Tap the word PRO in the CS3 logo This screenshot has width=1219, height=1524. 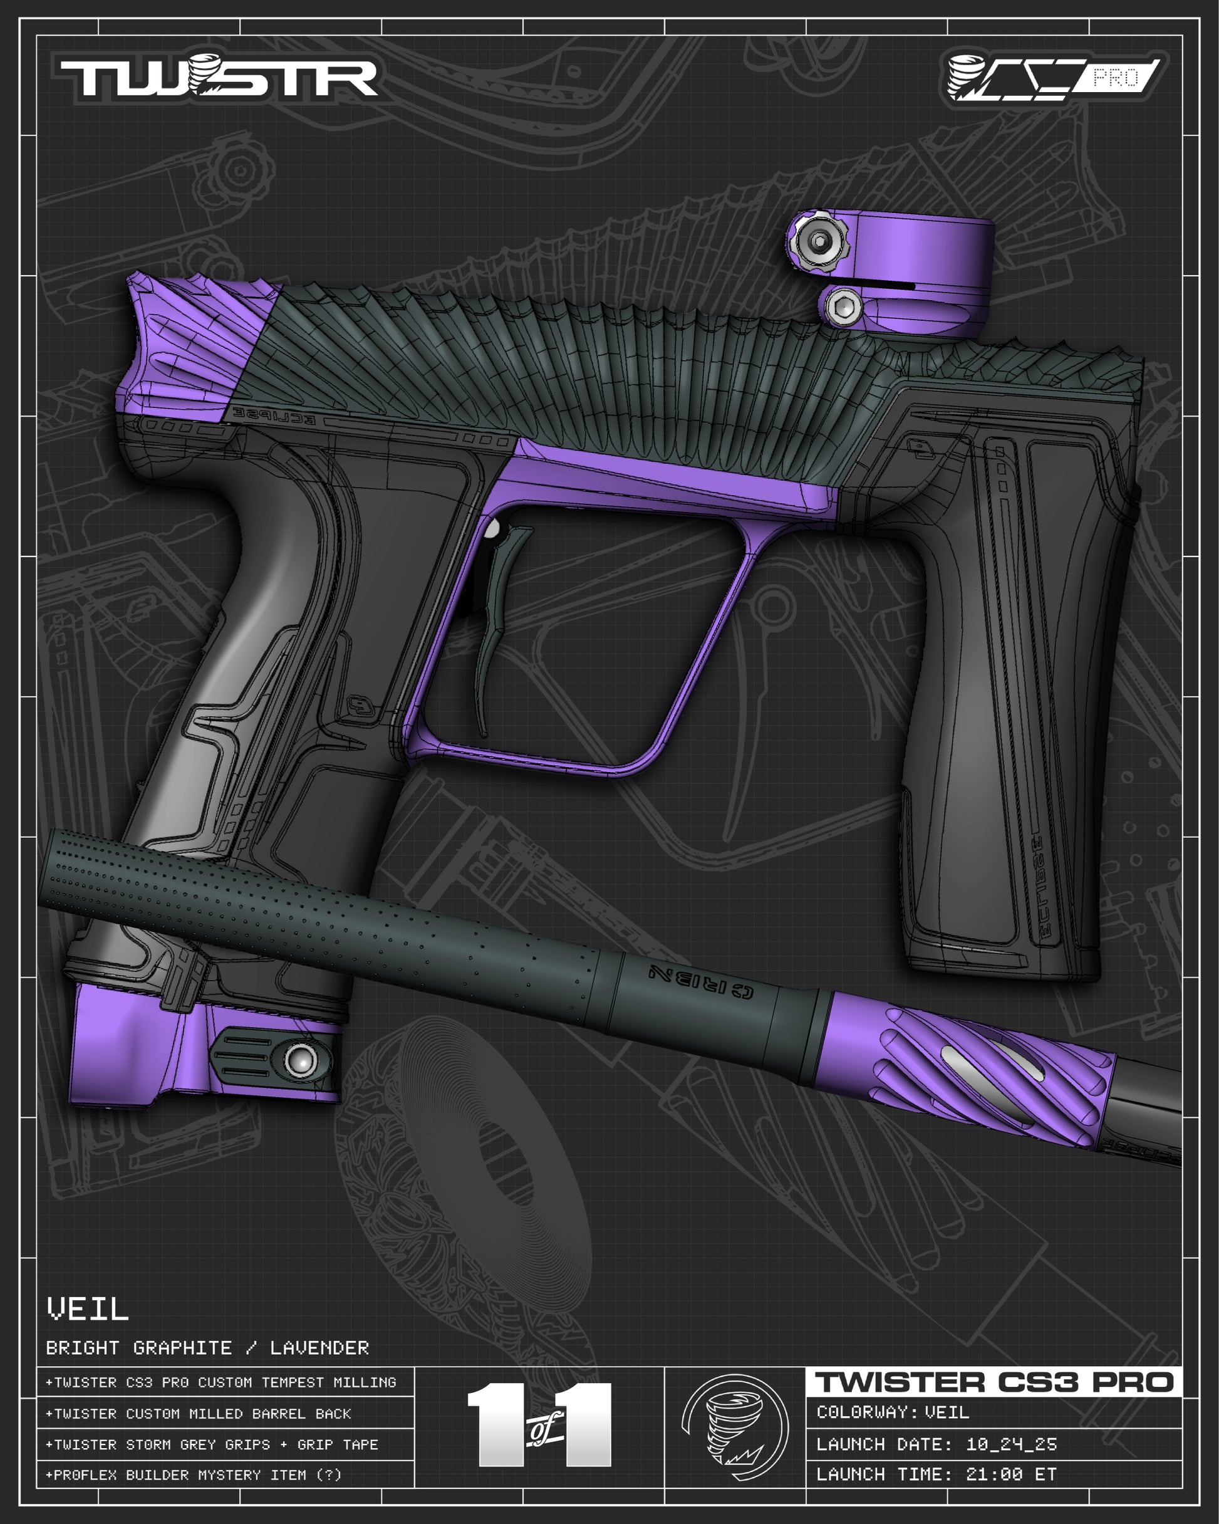click(1116, 77)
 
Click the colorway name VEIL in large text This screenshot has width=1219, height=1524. click(88, 1309)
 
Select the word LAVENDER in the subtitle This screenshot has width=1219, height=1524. click(319, 1348)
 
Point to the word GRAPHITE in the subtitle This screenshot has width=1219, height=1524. click(182, 1348)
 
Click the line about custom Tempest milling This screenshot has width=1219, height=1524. click(221, 1382)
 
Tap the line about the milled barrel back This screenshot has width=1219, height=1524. click(199, 1414)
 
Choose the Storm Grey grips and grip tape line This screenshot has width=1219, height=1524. click(212, 1445)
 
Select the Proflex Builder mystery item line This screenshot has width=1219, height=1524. click(194, 1475)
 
